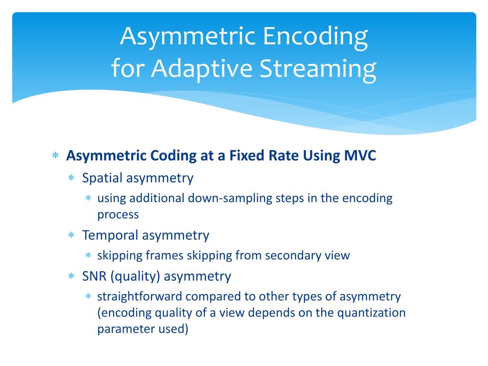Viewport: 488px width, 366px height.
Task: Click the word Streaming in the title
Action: point(318,69)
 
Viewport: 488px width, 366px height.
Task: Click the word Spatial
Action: point(102,178)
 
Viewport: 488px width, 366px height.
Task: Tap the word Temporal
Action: point(110,235)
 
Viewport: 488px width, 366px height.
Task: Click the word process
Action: point(118,215)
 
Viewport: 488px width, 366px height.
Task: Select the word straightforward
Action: point(140,296)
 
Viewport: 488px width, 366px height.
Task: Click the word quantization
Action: point(372,313)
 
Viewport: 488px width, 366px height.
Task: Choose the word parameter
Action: point(122,329)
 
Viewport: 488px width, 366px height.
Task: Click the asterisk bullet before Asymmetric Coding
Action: point(55,156)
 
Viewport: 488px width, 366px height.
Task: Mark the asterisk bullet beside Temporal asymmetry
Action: point(72,235)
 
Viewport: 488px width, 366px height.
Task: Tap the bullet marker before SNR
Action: point(72,276)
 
